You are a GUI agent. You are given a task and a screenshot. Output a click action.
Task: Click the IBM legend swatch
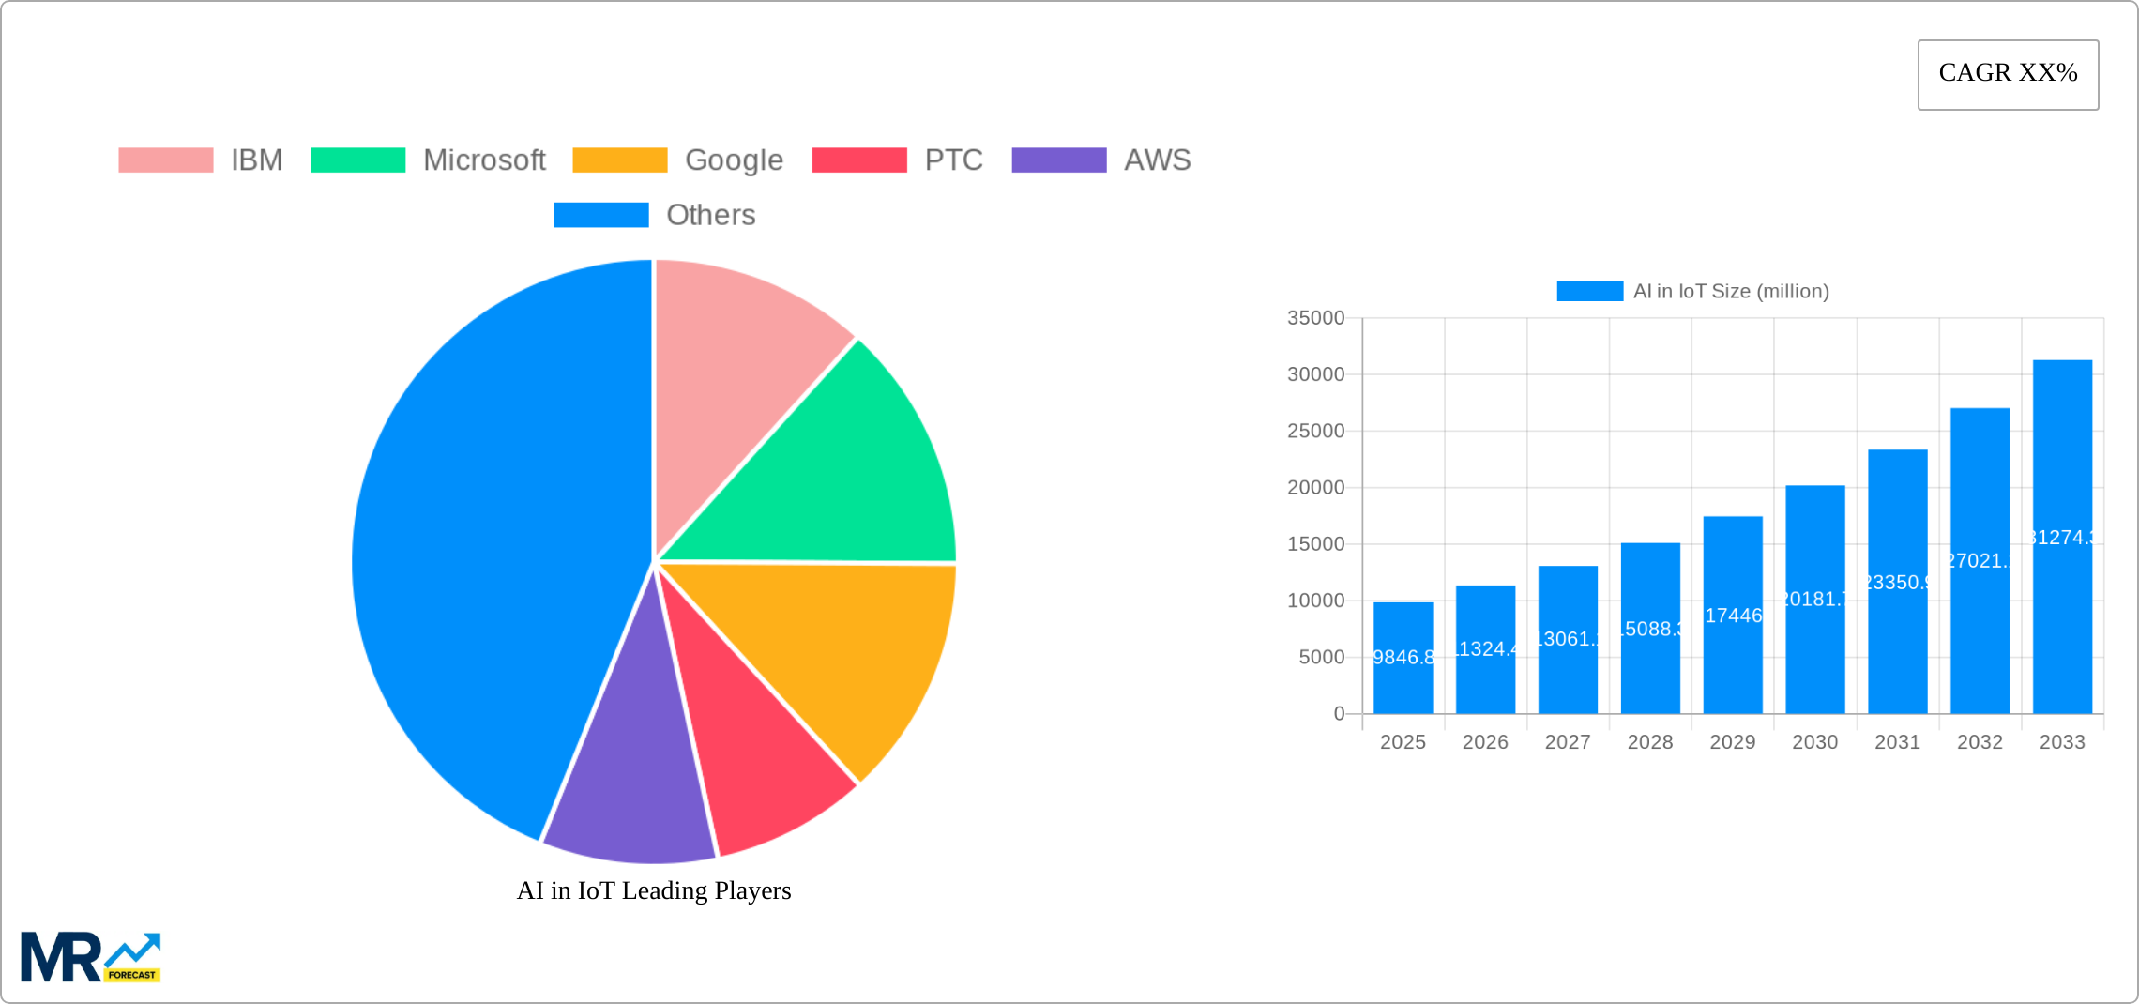(166, 160)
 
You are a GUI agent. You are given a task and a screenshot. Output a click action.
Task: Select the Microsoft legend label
(484, 160)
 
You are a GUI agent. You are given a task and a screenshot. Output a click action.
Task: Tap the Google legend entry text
(734, 160)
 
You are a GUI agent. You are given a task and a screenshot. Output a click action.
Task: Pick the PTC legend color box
(859, 160)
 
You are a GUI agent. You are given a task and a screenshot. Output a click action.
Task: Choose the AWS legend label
(1157, 160)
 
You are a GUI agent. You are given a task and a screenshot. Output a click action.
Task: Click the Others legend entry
(710, 215)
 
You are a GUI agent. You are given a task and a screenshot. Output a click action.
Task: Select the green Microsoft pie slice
(844, 469)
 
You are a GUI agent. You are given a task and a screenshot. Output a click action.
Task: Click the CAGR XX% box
(2008, 74)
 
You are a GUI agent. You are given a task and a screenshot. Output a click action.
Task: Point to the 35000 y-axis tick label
(1315, 318)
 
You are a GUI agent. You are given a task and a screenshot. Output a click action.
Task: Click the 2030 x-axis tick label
(1814, 742)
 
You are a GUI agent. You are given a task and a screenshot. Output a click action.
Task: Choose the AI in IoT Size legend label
(1731, 292)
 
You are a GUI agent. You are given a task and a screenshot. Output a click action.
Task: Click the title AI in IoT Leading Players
(654, 890)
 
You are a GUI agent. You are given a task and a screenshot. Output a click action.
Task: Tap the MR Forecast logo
(90, 956)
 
